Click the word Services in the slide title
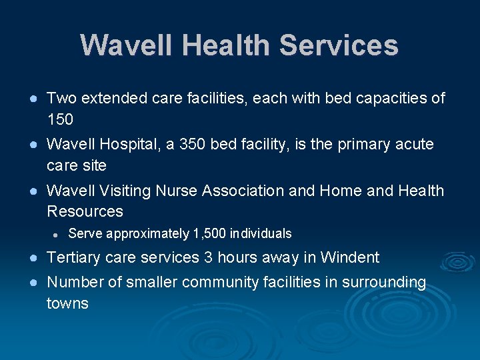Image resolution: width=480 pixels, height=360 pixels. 339,46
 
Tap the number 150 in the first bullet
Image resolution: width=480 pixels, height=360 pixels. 60,120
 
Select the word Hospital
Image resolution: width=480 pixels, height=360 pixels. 125,145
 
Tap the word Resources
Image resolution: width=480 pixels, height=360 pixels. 85,212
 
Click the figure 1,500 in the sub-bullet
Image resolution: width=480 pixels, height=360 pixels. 209,234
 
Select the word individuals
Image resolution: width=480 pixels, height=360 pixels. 261,234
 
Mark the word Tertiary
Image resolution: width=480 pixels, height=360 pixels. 74,258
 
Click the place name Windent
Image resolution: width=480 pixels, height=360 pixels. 349,258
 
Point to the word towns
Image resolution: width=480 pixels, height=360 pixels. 67,304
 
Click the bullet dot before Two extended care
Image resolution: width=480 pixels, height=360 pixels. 33,99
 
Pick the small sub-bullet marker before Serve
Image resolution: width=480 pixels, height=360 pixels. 57,235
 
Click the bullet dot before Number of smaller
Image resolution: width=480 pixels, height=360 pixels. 33,283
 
